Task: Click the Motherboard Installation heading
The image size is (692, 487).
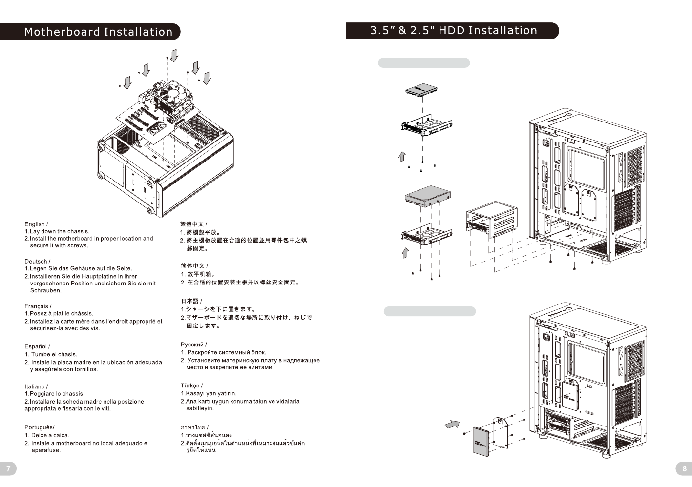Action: [98, 32]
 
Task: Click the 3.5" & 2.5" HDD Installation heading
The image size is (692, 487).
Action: [454, 30]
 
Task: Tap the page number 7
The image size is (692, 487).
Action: [8, 469]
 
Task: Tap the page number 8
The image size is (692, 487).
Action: [685, 469]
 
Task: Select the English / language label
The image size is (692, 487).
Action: [36, 224]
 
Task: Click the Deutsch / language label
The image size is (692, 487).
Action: [38, 261]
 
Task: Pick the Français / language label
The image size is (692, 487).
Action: [38, 306]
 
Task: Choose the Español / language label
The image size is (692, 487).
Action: [37, 346]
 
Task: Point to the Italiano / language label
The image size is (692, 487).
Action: [36, 386]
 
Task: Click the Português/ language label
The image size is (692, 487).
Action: [40, 427]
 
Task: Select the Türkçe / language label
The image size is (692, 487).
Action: [191, 386]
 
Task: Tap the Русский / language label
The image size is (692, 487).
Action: [194, 345]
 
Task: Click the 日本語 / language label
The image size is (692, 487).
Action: [191, 301]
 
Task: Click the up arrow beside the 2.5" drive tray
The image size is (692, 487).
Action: [402, 157]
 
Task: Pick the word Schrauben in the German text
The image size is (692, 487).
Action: [45, 290]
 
